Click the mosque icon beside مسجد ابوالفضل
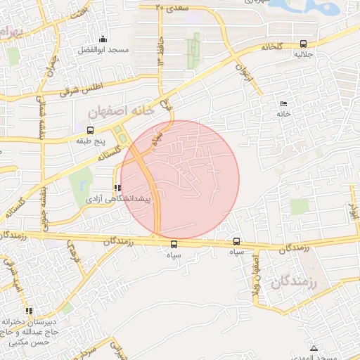click(103, 39)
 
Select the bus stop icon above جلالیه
click(303, 44)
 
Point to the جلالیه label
click(303, 54)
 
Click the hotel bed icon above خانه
click(284, 104)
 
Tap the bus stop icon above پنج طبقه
click(89, 130)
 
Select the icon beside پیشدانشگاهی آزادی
click(117, 188)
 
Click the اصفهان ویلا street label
click(258, 274)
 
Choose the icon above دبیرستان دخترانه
click(29, 311)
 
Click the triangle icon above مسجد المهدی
click(314, 348)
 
